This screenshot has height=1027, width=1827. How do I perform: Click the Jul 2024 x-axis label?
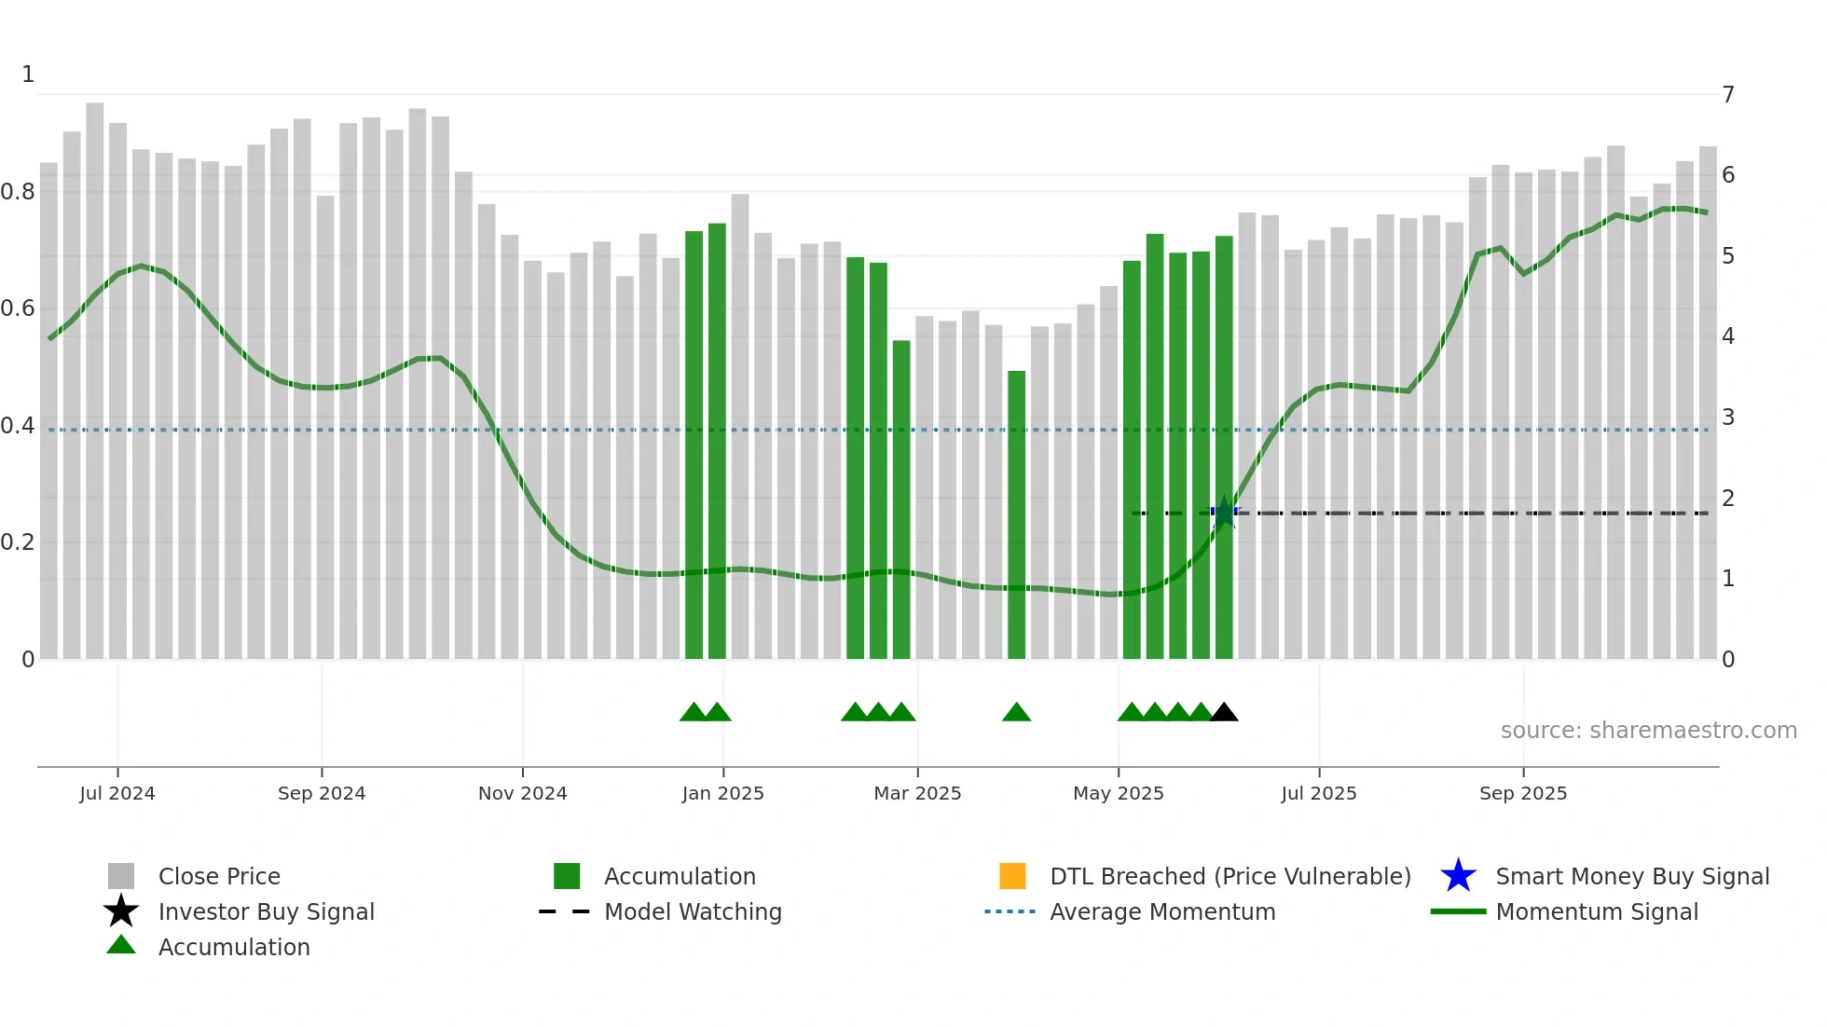pos(117,793)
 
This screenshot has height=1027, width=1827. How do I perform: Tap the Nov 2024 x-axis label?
pos(522,793)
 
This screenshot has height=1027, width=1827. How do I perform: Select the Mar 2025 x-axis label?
pos(917,793)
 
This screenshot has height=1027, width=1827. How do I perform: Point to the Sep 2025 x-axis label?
pos(1523,793)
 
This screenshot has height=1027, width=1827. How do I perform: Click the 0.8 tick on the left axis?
pos(18,192)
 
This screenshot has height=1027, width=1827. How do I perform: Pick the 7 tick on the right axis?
pos(1728,95)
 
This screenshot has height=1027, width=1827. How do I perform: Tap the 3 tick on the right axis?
pos(1728,418)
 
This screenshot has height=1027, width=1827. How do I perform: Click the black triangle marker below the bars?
pos(1224,713)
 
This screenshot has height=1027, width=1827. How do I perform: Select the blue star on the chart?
pos(1224,513)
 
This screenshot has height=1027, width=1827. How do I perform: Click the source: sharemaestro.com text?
pos(1648,731)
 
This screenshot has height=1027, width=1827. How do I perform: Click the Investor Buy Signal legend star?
pos(121,911)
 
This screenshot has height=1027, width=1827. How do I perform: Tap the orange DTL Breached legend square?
pos(1012,876)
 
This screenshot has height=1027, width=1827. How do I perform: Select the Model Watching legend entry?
pos(693,912)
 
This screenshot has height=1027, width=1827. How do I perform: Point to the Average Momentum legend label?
pos(1162,912)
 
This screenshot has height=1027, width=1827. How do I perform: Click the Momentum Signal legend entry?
pos(1597,912)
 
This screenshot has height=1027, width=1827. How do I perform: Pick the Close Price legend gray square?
pos(121,876)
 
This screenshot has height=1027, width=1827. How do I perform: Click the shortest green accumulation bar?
pos(1016,514)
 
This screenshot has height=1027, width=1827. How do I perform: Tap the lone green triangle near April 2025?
pos(1016,713)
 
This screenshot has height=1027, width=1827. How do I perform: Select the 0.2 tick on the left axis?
pos(18,542)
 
